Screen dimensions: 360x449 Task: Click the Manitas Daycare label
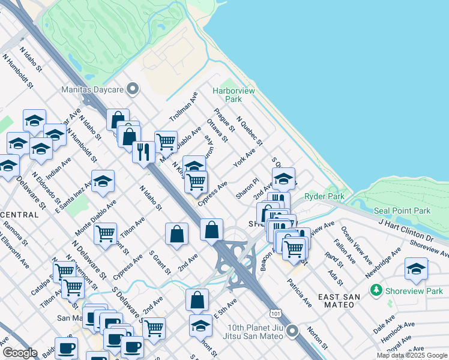coord(92,89)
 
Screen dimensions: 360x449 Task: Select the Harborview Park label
coord(234,95)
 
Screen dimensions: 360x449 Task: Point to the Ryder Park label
coord(324,196)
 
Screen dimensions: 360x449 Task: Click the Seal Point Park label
coord(402,211)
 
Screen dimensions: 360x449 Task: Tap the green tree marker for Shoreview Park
coord(376,291)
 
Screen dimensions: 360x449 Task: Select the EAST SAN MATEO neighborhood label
coord(348,298)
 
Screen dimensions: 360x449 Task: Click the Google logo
coord(20,352)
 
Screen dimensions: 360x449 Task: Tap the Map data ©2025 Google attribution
coord(412,355)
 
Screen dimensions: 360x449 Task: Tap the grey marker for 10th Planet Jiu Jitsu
coord(292,331)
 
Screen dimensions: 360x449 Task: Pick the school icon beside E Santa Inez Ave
coord(103,182)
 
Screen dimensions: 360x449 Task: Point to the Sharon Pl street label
coord(247,188)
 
